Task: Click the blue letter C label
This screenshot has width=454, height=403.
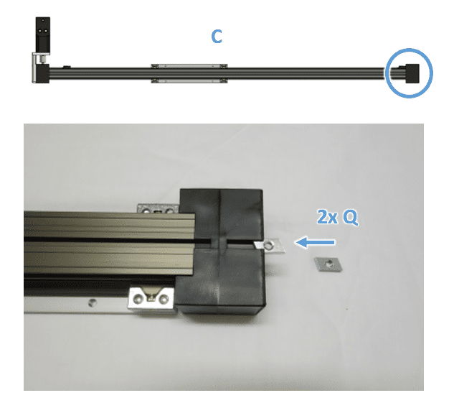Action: [x=217, y=37]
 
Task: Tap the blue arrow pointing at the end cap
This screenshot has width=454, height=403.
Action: [x=315, y=242]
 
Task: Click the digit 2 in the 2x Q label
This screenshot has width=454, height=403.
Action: [x=322, y=217]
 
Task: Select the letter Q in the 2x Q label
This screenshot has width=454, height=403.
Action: [x=350, y=218]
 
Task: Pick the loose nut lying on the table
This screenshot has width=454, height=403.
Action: [x=328, y=264]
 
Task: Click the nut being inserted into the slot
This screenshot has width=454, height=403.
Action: [x=269, y=246]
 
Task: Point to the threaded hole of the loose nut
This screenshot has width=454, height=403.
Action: [x=328, y=264]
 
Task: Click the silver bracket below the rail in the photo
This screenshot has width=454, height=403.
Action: [x=151, y=299]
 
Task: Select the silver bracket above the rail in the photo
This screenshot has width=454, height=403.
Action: [x=158, y=208]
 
